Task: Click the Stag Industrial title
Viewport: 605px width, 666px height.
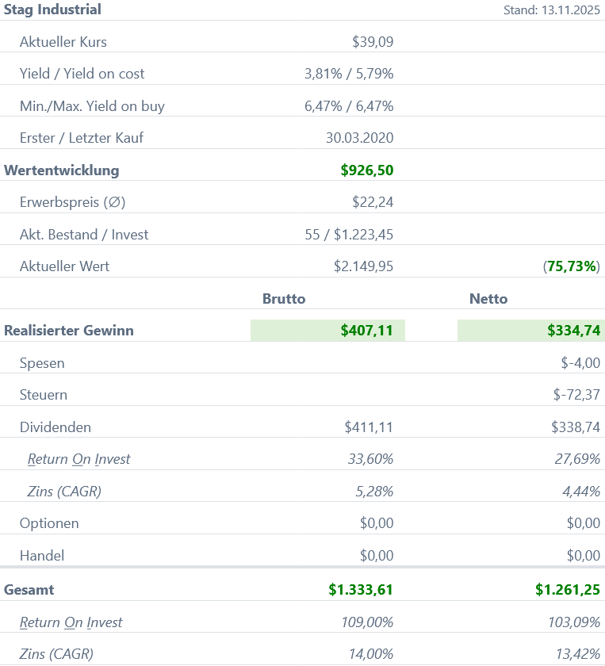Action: click(52, 10)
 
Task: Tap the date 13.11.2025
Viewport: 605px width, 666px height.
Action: click(569, 10)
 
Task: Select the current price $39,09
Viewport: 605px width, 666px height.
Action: click(373, 42)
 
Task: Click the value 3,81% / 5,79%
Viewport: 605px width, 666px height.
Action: click(349, 74)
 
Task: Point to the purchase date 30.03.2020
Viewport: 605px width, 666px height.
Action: click(359, 138)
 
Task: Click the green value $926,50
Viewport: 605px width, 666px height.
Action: click(367, 170)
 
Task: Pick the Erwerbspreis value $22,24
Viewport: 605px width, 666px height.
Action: click(373, 202)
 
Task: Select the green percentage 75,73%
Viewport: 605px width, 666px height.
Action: click(572, 266)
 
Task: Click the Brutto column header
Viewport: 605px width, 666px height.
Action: click(284, 299)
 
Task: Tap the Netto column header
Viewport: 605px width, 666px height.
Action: click(488, 299)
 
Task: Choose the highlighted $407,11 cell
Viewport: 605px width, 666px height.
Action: click(328, 331)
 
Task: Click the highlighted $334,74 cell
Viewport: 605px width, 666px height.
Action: click(531, 331)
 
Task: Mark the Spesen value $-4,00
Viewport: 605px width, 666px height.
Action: click(580, 363)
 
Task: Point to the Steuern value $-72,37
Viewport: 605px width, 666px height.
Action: click(576, 395)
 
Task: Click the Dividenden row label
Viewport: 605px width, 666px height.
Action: click(56, 427)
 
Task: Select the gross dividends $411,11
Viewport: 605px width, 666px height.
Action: click(369, 427)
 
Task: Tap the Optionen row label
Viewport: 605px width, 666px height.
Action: click(49, 523)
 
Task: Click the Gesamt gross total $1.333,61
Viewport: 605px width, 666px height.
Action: click(361, 590)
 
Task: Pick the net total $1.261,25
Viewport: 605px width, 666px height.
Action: click(568, 590)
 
